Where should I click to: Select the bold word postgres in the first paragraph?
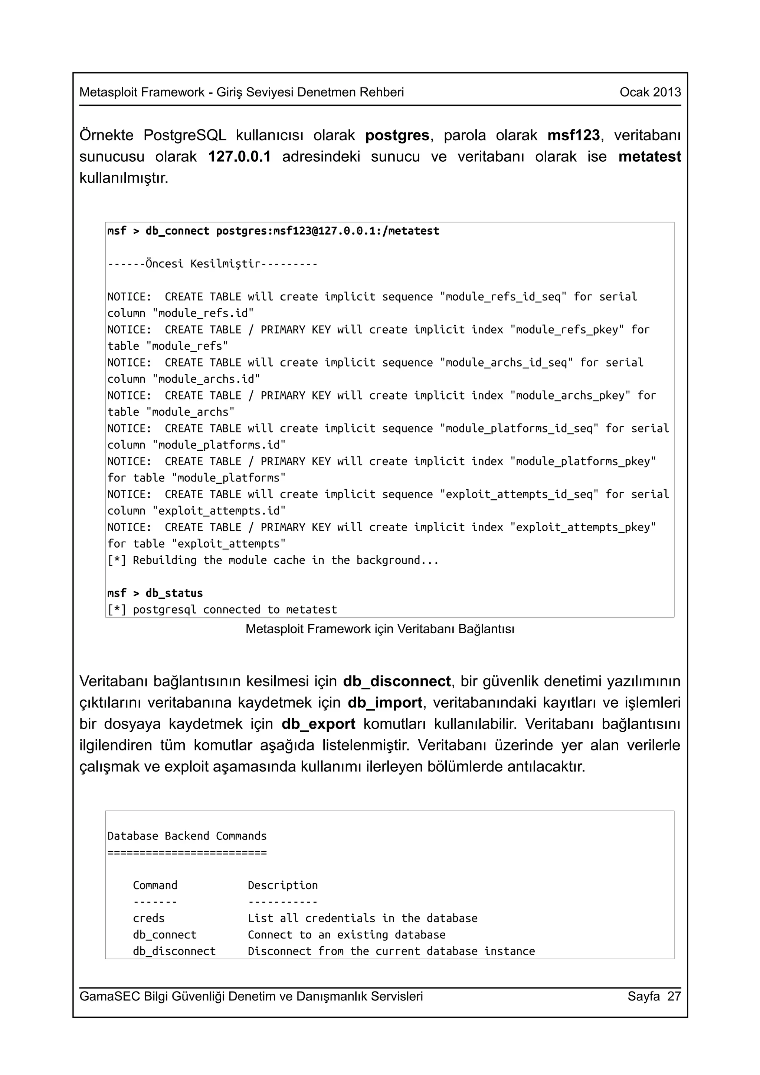(397, 135)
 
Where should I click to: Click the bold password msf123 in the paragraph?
(573, 135)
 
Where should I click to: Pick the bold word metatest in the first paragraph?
(649, 157)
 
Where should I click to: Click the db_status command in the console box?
(174, 593)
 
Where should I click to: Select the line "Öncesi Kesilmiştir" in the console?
(212, 264)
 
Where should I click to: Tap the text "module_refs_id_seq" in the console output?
(504, 297)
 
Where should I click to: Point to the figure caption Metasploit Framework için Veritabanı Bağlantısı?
(380, 629)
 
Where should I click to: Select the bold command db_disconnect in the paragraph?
(397, 681)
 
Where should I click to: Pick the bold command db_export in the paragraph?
(318, 724)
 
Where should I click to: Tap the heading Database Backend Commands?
(186, 836)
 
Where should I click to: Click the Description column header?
(282, 885)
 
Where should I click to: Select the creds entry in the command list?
(148, 918)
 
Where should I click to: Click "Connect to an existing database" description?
(346, 934)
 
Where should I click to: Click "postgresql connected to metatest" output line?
(234, 609)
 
